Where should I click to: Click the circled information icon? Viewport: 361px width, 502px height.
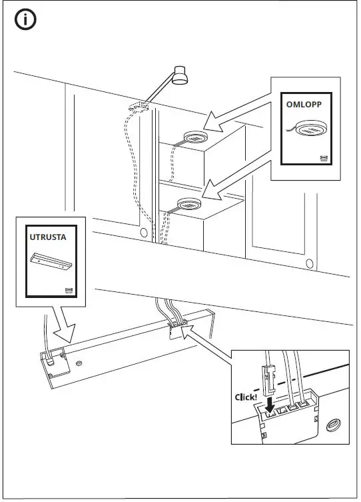tap(25, 20)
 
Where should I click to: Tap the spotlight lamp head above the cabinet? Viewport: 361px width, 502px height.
tap(180, 77)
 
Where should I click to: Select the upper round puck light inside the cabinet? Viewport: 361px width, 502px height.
tap(194, 137)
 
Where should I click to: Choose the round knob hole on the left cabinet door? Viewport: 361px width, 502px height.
tap(143, 233)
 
